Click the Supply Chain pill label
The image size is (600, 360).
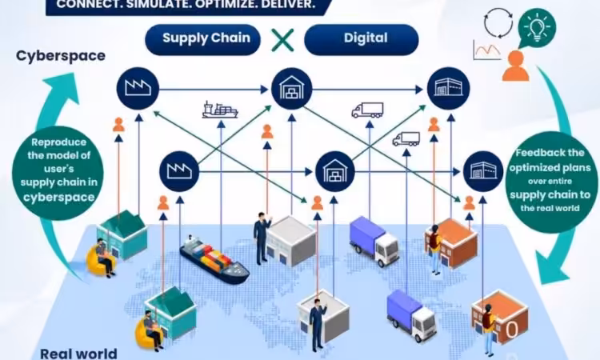pos(206,38)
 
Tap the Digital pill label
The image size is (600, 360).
pos(366,38)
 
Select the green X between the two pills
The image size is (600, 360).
pos(282,40)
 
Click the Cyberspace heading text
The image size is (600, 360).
pos(61,56)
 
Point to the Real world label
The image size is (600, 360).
pos(78,353)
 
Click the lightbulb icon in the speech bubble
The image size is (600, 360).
pos(537,26)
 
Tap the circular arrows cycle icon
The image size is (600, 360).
pos(498,22)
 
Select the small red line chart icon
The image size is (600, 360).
pos(486,50)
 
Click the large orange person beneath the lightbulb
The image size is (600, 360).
pos(515,66)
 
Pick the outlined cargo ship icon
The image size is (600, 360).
pos(220,110)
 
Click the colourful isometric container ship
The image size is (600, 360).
pos(214,260)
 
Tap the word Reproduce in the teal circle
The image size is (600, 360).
pos(59,142)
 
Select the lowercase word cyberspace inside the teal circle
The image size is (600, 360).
pos(59,197)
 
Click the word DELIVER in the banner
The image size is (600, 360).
pos(288,5)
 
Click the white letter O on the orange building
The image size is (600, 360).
pos(512,330)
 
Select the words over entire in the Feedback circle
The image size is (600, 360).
pos(550,181)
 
